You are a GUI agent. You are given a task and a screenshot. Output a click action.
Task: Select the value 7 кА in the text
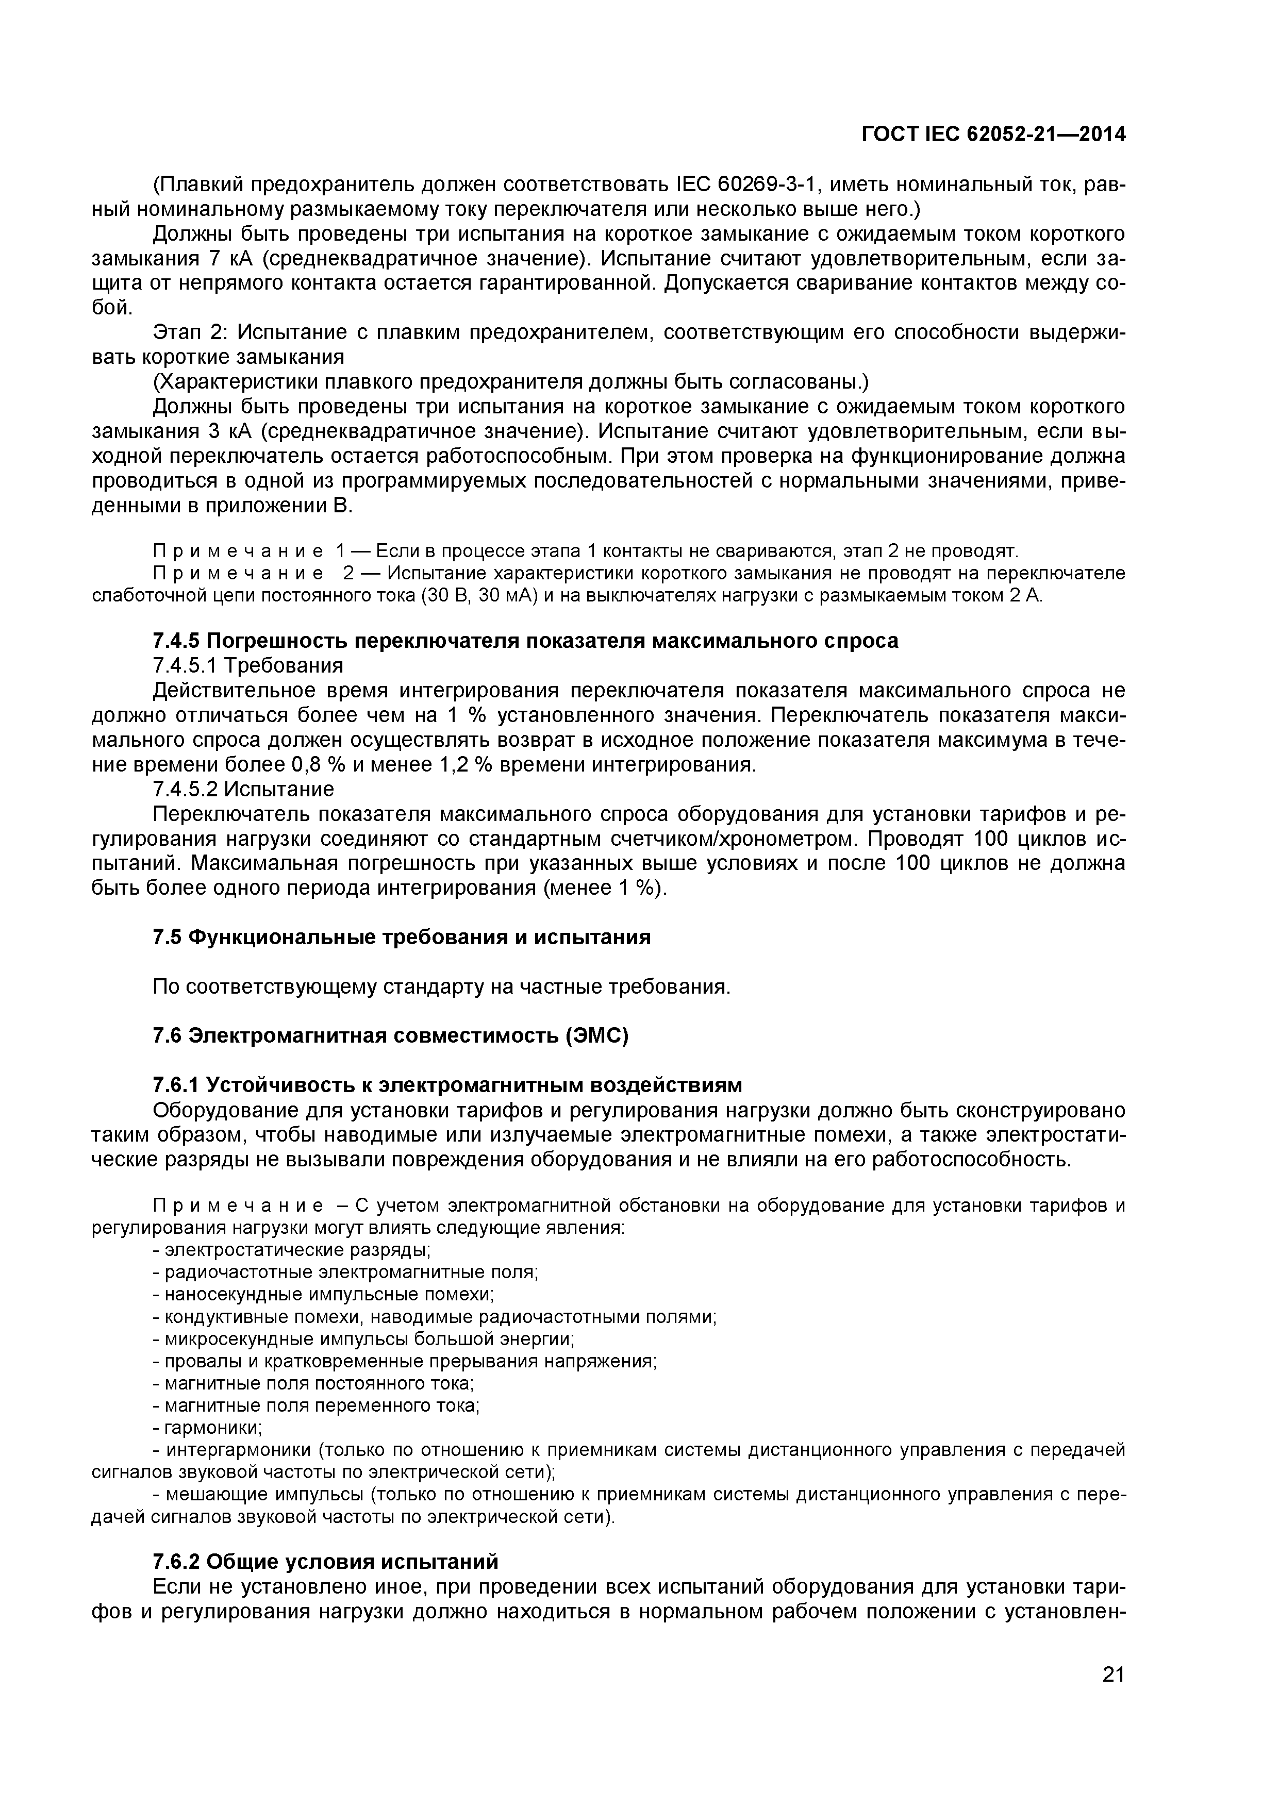pos(229,259)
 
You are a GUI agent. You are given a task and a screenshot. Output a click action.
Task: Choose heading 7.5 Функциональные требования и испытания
pos(402,937)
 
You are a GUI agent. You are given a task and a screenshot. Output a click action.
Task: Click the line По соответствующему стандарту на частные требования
pos(442,986)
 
